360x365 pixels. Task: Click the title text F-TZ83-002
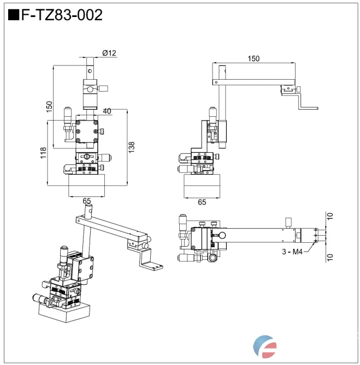(x=61, y=15)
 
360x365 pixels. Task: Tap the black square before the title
(x=13, y=15)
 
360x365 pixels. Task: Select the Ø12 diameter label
(x=109, y=53)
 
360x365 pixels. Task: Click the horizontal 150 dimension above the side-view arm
(x=253, y=58)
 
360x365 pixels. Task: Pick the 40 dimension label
(x=107, y=111)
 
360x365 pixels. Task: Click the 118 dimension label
(x=43, y=154)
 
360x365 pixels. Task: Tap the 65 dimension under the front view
(x=86, y=201)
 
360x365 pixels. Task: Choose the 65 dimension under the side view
(x=201, y=202)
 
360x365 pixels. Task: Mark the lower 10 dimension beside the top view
(x=329, y=256)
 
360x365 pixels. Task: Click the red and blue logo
(x=266, y=346)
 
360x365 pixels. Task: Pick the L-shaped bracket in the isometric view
(x=150, y=260)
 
